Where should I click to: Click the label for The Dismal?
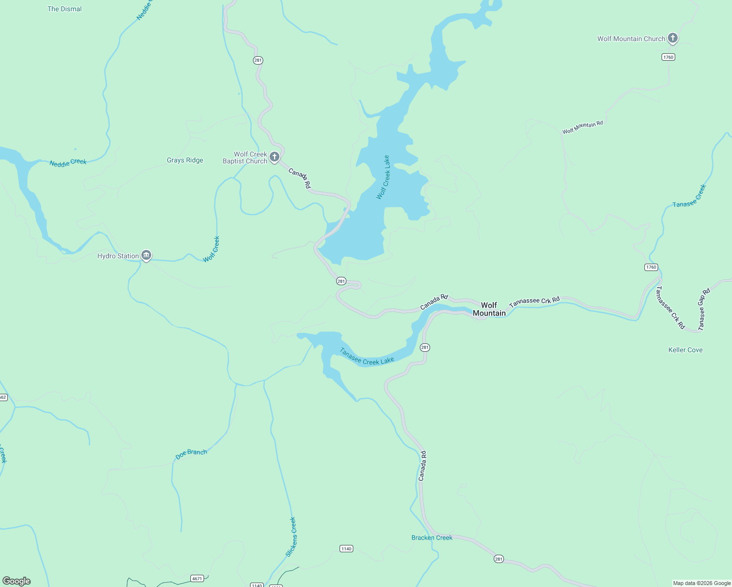65,9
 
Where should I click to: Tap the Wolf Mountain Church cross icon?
673,38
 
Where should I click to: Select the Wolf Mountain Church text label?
631,39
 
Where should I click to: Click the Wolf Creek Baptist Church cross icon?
274,157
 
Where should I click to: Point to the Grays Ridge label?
185,160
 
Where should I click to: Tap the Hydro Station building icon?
146,255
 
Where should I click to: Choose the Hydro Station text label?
118,256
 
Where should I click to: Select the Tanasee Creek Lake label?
367,357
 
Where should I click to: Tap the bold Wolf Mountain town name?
489,309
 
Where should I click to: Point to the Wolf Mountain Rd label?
582,127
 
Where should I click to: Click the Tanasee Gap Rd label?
704,310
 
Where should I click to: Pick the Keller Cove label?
685,350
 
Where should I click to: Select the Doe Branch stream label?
191,454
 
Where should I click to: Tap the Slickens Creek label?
291,537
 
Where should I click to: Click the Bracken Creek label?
432,538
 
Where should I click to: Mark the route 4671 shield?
197,579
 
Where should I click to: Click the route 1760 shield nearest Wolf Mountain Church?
668,57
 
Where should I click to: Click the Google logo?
17,581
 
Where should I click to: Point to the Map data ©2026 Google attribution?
701,583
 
